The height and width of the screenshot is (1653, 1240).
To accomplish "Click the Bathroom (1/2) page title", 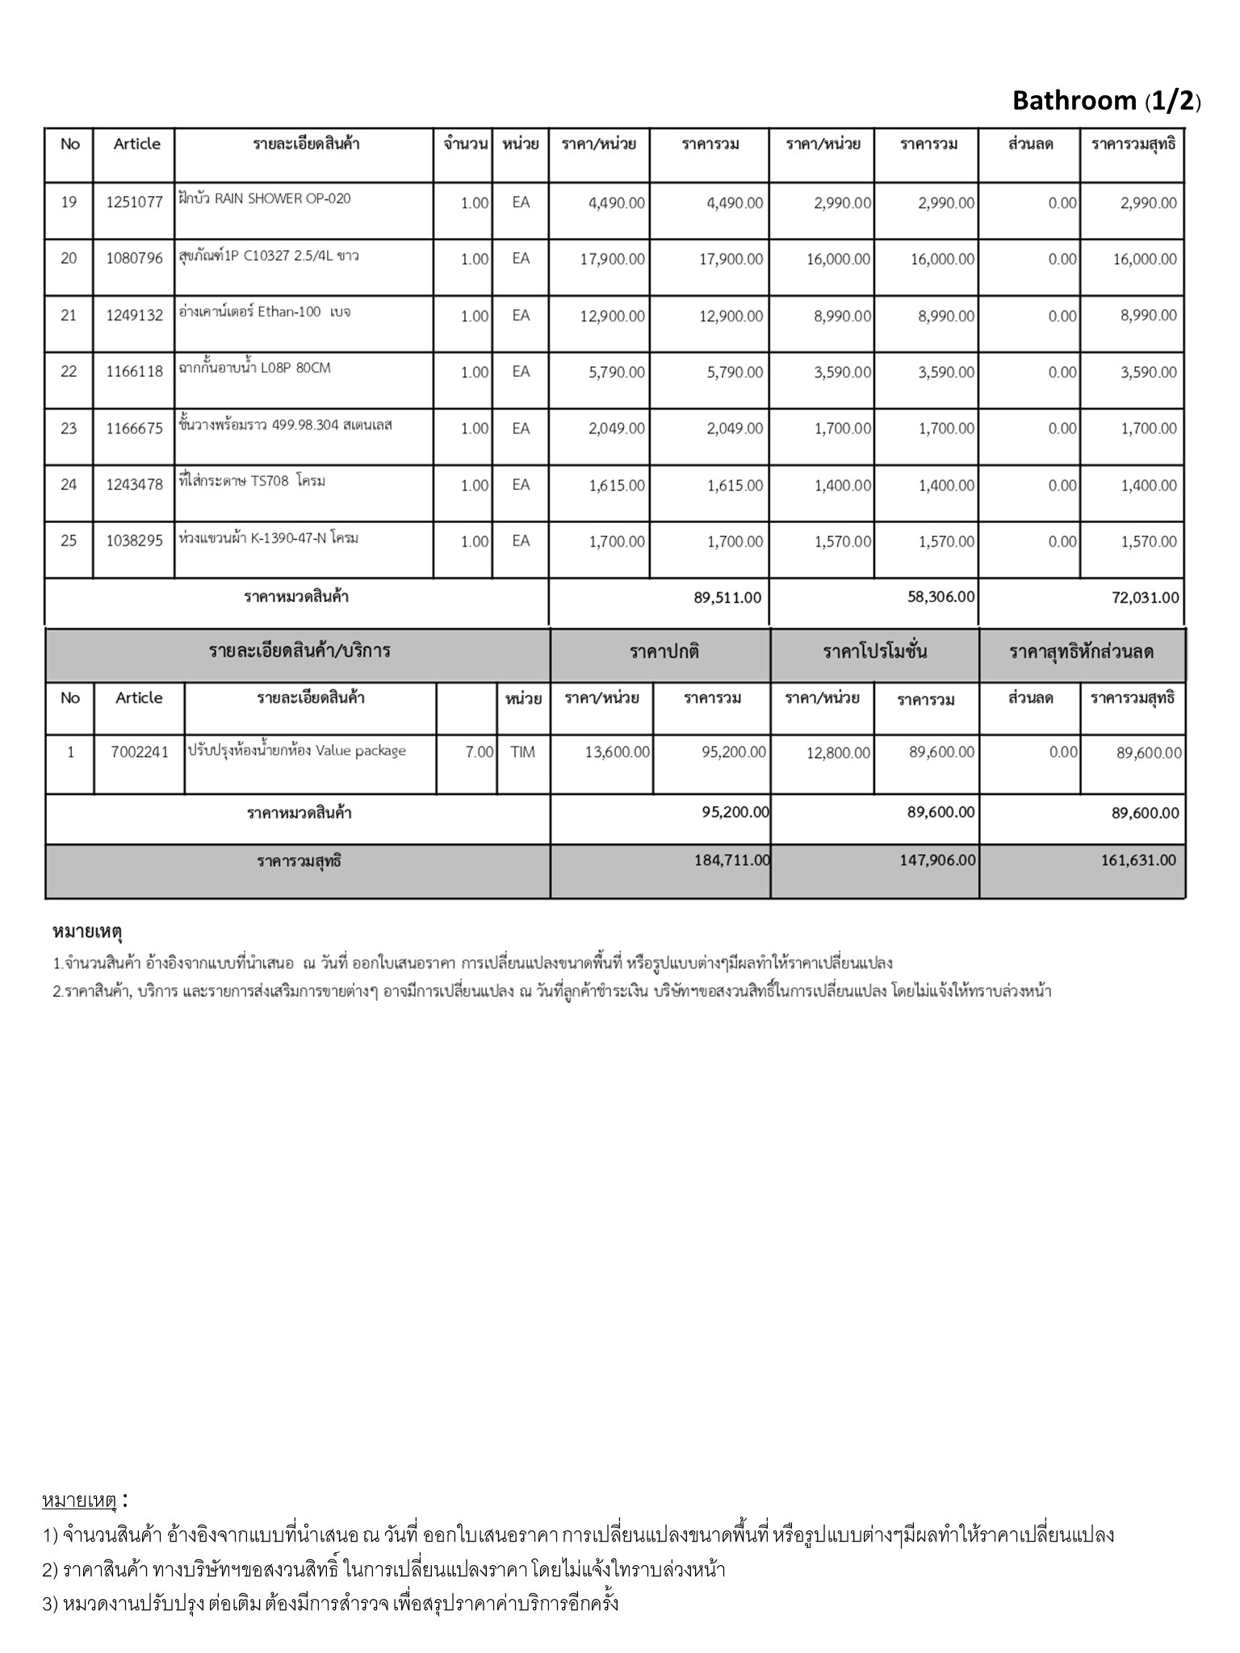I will [1106, 101].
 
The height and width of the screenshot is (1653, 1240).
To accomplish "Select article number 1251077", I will [134, 202].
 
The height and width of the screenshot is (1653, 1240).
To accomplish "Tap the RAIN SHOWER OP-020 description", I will [265, 199].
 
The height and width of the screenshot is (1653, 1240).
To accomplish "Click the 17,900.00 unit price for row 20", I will [612, 259].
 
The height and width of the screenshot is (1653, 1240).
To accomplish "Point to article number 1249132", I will [134, 316].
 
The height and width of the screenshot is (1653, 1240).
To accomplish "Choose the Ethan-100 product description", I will [265, 312].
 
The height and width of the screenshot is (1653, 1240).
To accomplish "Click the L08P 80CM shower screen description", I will [255, 368].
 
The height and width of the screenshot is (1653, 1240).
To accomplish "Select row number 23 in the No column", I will [69, 429].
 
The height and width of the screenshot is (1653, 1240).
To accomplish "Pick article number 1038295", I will [134, 542].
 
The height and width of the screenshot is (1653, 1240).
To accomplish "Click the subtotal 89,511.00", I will [727, 598].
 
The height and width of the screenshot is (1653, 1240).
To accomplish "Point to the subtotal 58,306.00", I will [940, 597].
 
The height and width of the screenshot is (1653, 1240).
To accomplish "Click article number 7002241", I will [140, 752].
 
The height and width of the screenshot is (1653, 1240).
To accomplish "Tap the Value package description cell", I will [297, 751].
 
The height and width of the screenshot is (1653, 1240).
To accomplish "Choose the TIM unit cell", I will [522, 752].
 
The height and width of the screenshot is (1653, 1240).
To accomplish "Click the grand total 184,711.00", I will [731, 860].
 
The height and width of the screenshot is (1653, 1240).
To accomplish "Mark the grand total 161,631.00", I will [1138, 860].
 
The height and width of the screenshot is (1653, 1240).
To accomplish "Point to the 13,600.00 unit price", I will [617, 752].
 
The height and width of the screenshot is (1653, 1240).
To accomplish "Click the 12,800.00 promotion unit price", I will [838, 753].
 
